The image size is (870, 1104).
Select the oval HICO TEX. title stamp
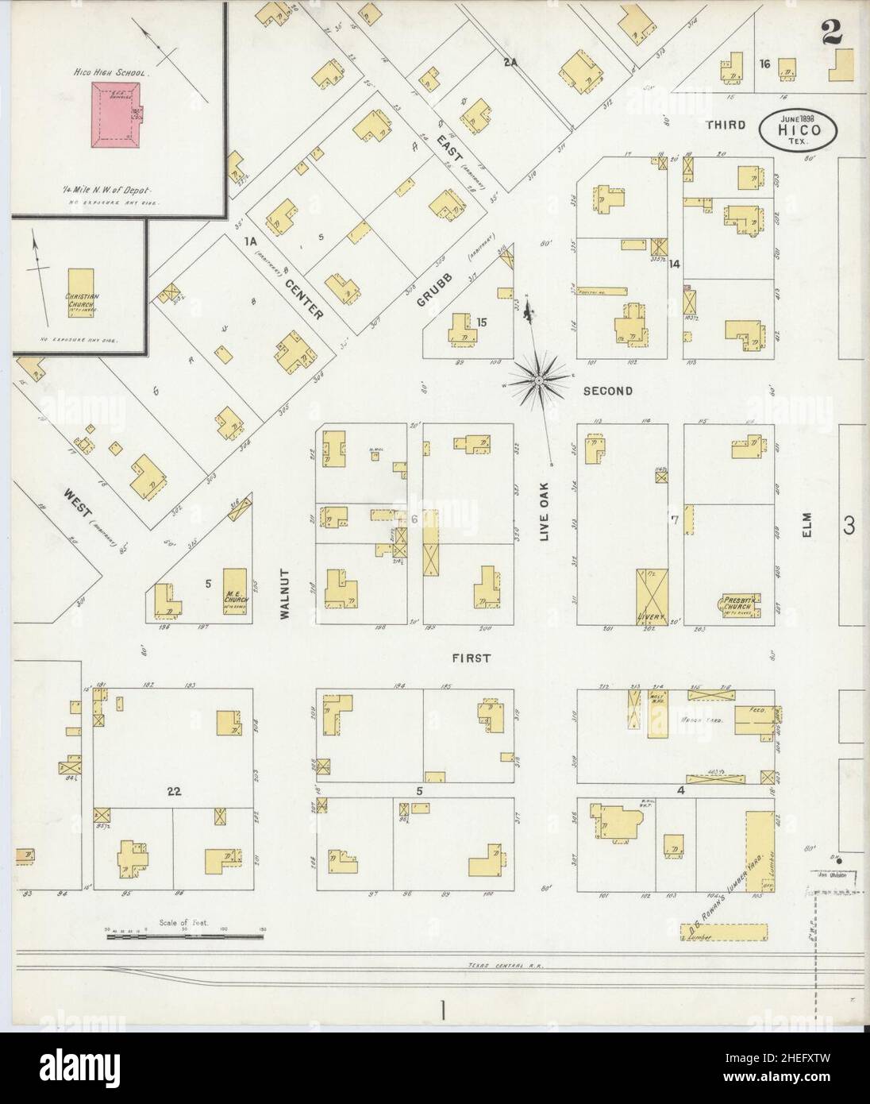tap(799, 128)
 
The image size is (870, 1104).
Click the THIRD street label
tap(726, 125)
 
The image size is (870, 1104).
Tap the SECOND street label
tap(608, 391)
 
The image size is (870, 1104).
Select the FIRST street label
tap(472, 658)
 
